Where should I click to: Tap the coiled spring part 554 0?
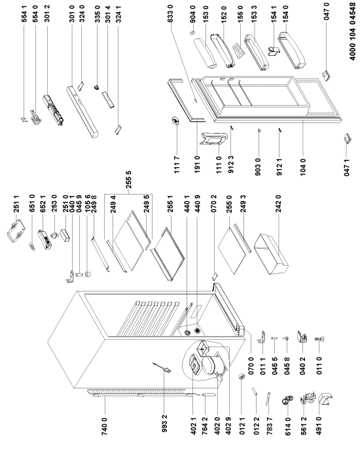click(36, 117)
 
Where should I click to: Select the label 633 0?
click(170, 13)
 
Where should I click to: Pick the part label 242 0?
click(278, 204)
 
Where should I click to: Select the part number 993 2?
click(164, 422)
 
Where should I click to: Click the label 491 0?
click(319, 426)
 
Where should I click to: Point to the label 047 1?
click(347, 167)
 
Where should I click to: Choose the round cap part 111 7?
click(175, 121)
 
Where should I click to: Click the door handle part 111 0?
click(213, 140)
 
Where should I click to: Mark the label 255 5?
click(129, 179)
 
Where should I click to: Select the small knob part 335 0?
click(98, 87)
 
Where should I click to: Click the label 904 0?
click(193, 13)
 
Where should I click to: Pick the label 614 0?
click(288, 426)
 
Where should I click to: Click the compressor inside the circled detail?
click(210, 366)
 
